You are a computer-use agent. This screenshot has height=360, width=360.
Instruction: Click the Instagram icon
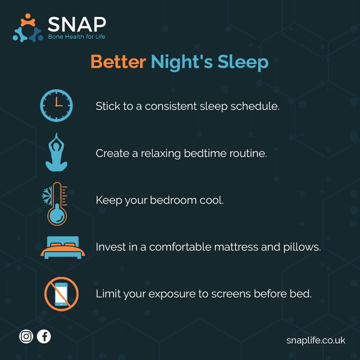click(x=26, y=336)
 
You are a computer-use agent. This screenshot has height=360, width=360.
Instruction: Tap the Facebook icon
click(x=44, y=336)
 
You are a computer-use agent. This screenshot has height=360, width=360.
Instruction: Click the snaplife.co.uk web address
click(x=316, y=340)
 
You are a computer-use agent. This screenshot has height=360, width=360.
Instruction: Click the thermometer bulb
click(x=57, y=215)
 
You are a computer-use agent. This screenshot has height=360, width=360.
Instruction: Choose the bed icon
click(x=63, y=248)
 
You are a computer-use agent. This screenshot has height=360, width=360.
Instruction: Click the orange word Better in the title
click(x=118, y=62)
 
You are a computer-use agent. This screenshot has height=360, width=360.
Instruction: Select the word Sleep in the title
click(x=243, y=62)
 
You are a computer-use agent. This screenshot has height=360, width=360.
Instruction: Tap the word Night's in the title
click(x=182, y=62)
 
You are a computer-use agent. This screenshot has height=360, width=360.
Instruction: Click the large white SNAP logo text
click(x=77, y=24)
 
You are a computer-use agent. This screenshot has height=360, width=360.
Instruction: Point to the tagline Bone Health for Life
click(x=77, y=37)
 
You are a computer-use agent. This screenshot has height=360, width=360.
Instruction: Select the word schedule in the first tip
click(x=255, y=106)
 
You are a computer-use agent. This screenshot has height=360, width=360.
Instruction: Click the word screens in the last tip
click(x=231, y=294)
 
